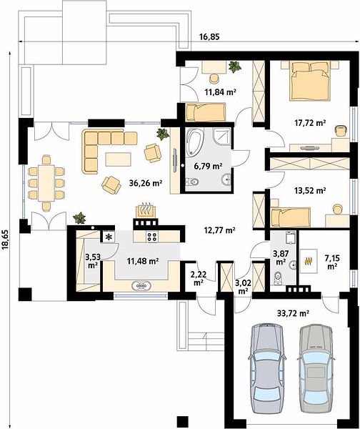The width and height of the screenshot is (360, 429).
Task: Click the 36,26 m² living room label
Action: tap(146, 182)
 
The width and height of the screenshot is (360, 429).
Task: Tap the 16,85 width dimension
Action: tap(209, 36)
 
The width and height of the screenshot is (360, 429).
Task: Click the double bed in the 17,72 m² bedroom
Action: tap(310, 81)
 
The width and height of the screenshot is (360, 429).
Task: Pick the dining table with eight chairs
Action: tap(46, 183)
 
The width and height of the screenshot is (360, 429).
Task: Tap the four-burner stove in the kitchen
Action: tap(151, 237)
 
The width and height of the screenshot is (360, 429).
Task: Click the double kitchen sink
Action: tap(141, 285)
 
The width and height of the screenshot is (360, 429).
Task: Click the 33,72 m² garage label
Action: tap(293, 313)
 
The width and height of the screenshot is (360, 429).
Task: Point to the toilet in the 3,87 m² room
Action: tap(278, 278)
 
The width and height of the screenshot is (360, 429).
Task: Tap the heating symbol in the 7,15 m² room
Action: tap(309, 261)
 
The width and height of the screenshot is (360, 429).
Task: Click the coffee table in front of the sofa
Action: tap(118, 159)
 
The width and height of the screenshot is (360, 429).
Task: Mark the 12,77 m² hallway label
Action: tap(220, 230)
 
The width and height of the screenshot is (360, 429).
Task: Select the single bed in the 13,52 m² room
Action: tap(290, 217)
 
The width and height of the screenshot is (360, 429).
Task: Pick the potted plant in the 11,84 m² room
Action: tap(234, 66)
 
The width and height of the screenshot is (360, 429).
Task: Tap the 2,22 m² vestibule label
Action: tap(198, 279)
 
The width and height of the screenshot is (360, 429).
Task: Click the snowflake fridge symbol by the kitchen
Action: tap(109, 237)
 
